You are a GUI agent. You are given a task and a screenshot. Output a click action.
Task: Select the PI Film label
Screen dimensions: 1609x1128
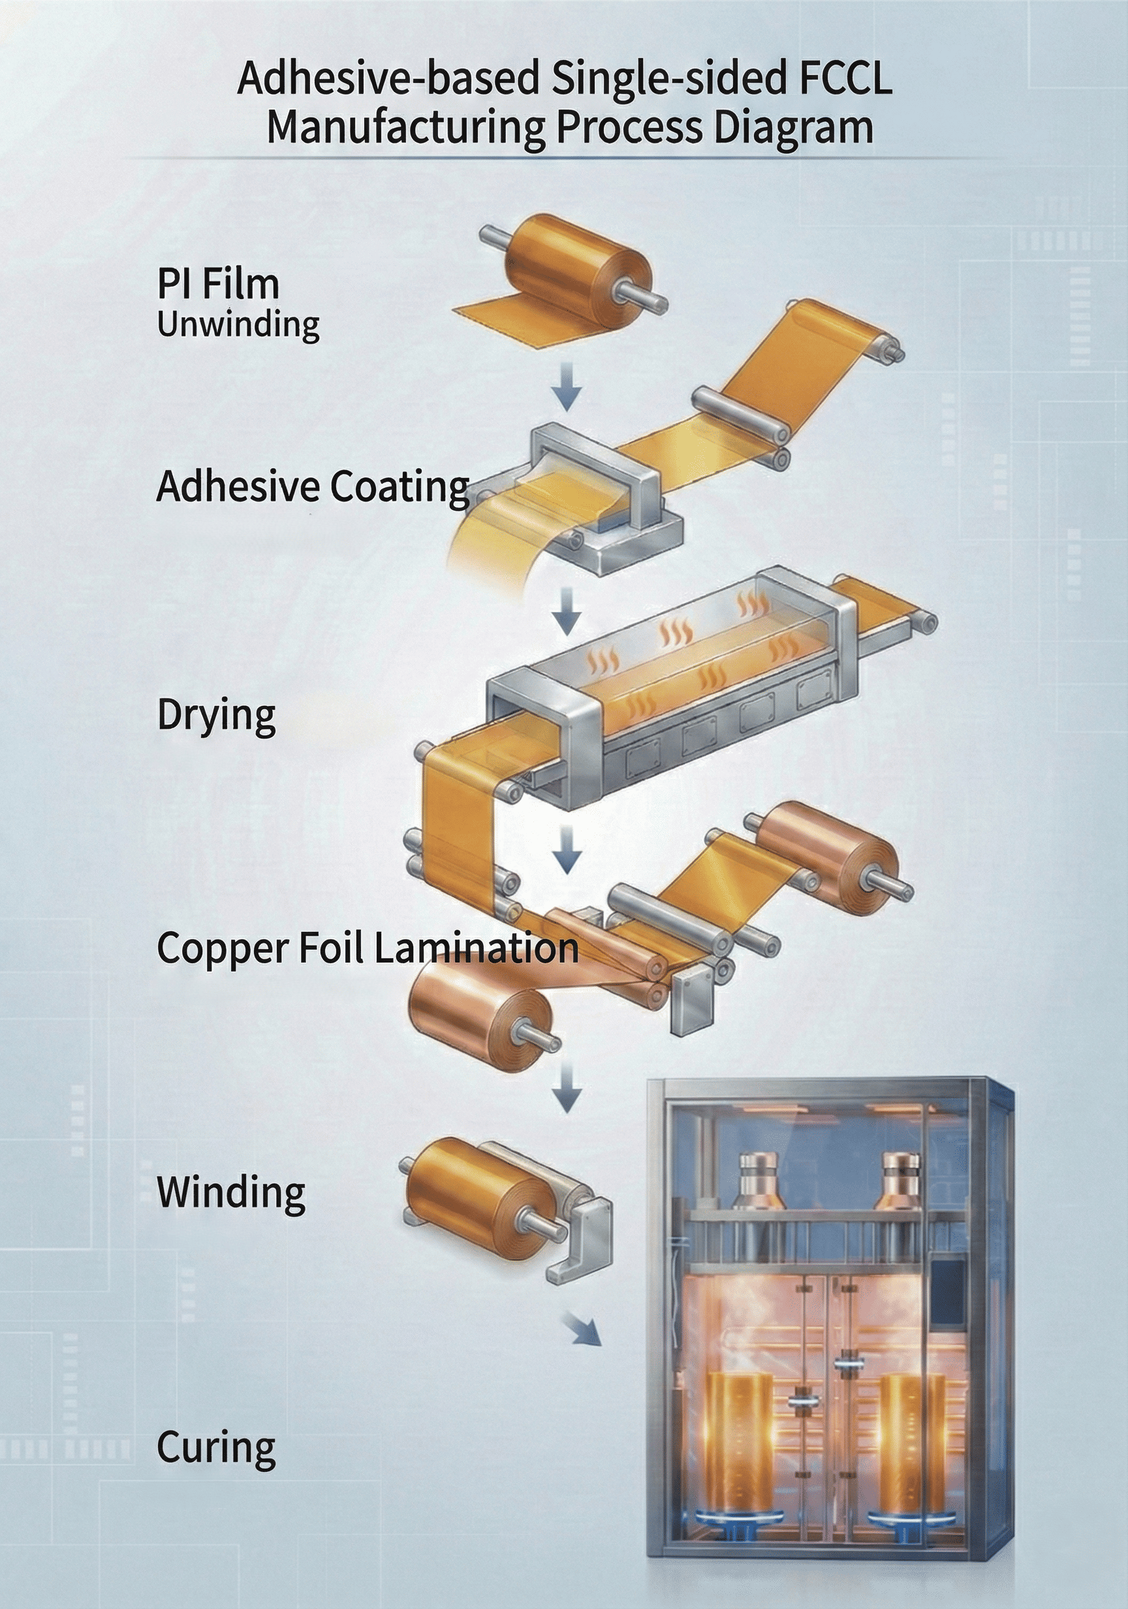(x=218, y=285)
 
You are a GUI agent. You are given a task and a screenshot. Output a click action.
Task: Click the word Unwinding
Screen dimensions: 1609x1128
(x=238, y=325)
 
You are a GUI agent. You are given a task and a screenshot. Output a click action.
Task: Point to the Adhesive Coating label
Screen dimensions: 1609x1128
(x=313, y=486)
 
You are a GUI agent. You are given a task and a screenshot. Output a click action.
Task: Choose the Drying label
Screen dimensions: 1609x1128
(x=216, y=716)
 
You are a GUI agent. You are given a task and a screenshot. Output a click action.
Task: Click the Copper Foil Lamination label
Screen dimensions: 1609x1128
(x=367, y=948)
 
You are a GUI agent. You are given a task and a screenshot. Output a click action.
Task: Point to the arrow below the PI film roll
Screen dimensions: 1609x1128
(x=567, y=385)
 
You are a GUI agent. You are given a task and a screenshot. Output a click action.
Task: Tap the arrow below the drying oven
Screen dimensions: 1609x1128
(x=567, y=850)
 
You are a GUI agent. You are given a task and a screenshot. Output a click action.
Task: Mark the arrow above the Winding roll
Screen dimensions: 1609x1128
(x=567, y=1085)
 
